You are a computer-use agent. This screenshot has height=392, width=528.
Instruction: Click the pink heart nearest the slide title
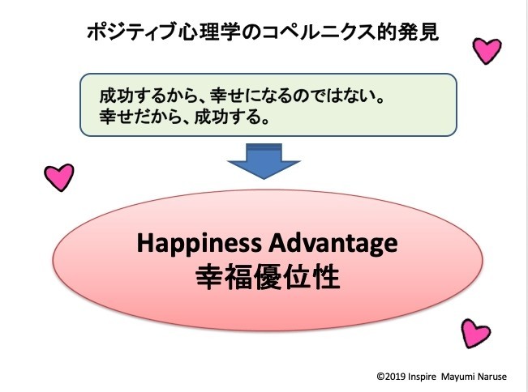click(487, 50)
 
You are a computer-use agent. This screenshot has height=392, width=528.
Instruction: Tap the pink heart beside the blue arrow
click(59, 177)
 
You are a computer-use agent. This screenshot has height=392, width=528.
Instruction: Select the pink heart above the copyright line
click(475, 333)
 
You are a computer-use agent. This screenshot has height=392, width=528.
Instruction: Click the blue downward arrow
click(264, 161)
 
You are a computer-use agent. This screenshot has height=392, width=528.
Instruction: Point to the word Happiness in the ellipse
click(199, 244)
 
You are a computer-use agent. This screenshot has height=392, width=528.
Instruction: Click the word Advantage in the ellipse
click(333, 244)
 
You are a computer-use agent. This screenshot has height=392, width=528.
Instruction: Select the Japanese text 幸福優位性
click(268, 277)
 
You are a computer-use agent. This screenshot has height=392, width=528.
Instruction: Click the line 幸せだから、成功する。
click(184, 117)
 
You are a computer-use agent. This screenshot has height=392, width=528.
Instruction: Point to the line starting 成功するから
click(242, 96)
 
